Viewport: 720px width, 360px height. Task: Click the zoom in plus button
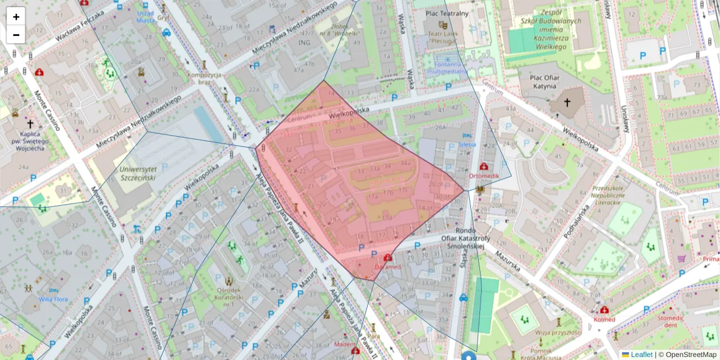point(16,17)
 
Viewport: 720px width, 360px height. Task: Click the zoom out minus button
point(16,34)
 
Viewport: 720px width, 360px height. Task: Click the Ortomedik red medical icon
point(484,166)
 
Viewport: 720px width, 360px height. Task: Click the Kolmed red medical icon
point(604,310)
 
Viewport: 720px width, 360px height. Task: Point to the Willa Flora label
point(53,299)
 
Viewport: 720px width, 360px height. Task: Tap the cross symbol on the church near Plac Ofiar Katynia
point(566,103)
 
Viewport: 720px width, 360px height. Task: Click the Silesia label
point(467,145)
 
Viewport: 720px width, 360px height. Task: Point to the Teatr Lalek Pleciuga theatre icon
point(443,25)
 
